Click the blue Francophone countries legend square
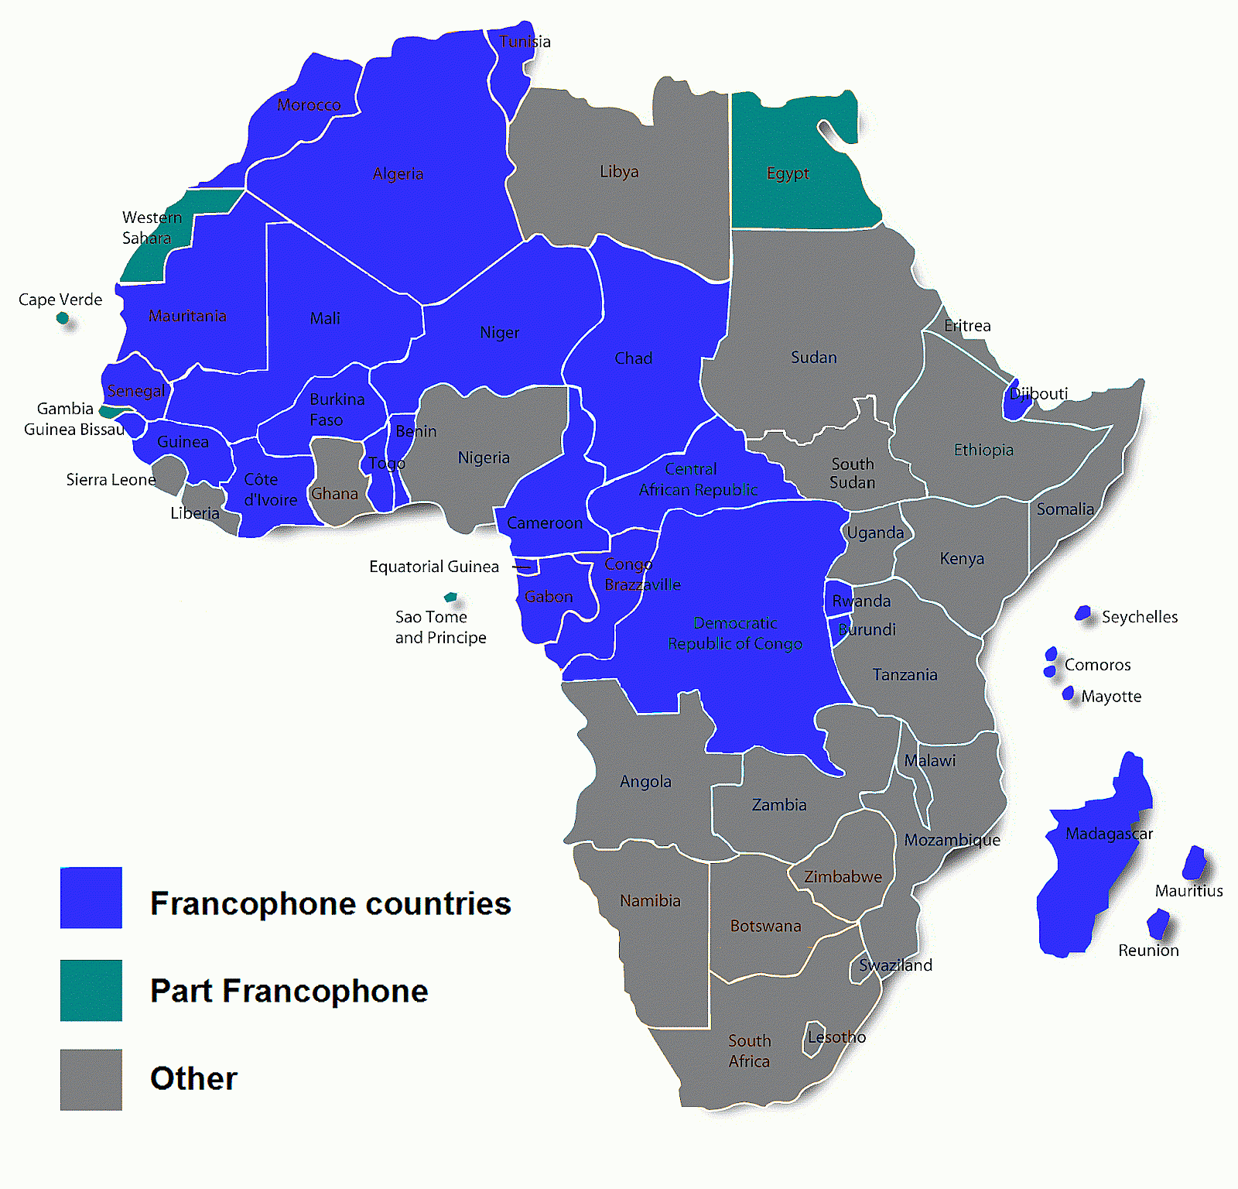coord(91,897)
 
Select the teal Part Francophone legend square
coord(91,990)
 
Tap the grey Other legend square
coord(91,1079)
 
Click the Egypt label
coord(788,173)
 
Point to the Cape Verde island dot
coord(63,317)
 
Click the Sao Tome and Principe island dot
coord(450,597)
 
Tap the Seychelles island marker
coord(1083,613)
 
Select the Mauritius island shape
coord(1195,862)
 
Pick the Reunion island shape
coord(1158,923)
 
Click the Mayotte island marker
coord(1069,693)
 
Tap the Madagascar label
coord(1109,834)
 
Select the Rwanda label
coord(861,601)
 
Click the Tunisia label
coord(525,42)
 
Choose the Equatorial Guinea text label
coord(434,567)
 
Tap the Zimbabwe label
coord(843,877)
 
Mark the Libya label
coord(619,172)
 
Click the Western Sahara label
coord(151,228)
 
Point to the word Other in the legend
coord(193,1078)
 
